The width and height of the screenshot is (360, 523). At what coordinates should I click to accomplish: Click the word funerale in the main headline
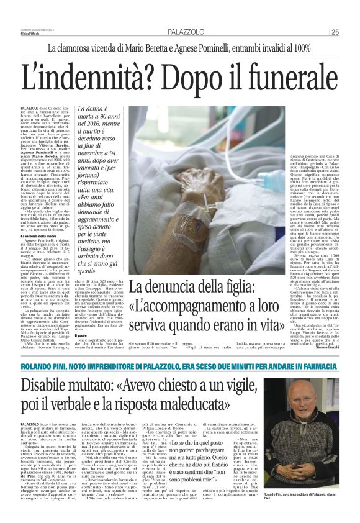pos(272,78)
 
